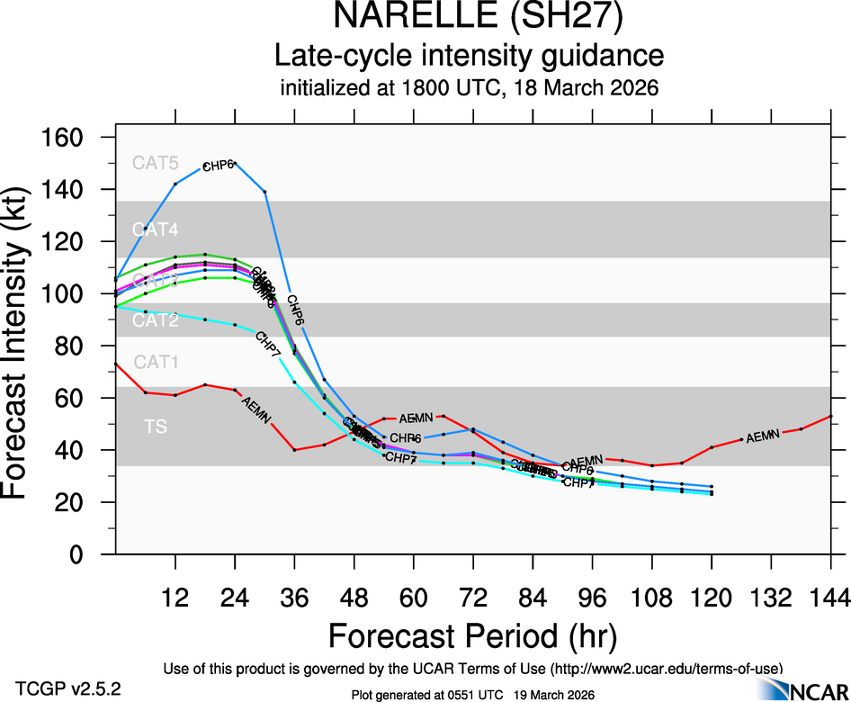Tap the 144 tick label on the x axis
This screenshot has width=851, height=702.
coord(829,598)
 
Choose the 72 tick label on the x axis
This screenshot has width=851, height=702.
coord(473,598)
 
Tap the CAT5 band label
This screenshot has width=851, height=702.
coord(156,163)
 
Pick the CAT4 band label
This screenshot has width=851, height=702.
coord(156,229)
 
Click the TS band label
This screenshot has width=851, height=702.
coord(156,427)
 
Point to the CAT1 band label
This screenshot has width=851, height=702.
coord(156,362)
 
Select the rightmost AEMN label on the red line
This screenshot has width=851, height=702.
coord(762,436)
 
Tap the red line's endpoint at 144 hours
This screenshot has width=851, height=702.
coord(830,416)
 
